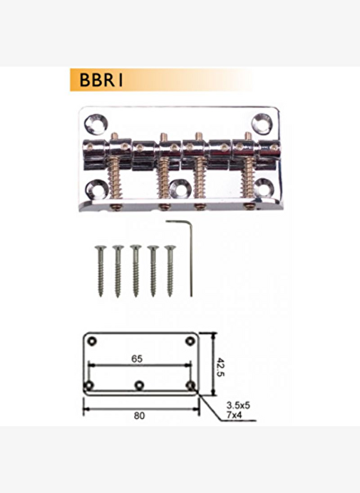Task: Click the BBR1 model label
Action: click(101, 80)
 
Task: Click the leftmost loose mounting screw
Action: click(101, 271)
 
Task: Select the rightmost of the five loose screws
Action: click(170, 271)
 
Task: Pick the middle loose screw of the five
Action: click(135, 271)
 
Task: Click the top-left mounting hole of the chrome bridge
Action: click(96, 123)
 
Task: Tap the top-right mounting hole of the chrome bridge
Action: click(262, 123)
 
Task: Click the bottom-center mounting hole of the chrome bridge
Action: click(180, 189)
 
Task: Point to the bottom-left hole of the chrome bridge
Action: click(97, 189)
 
